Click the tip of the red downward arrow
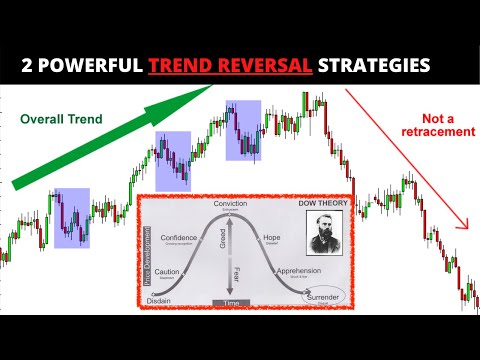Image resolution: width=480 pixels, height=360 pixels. [465, 228]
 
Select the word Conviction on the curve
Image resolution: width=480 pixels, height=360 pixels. [230, 203]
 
